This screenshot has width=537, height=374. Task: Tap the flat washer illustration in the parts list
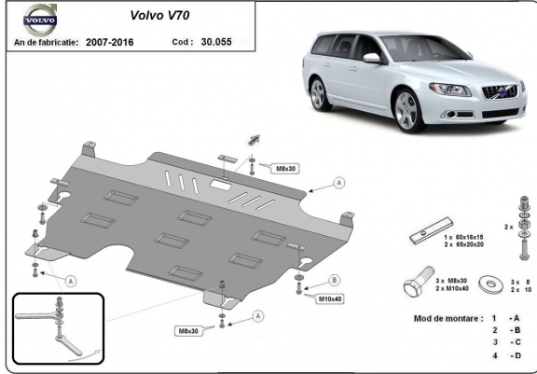tap(487, 281)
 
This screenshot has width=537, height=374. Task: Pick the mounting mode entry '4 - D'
tap(504, 355)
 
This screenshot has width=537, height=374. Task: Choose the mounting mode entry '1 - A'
tap(504, 318)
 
